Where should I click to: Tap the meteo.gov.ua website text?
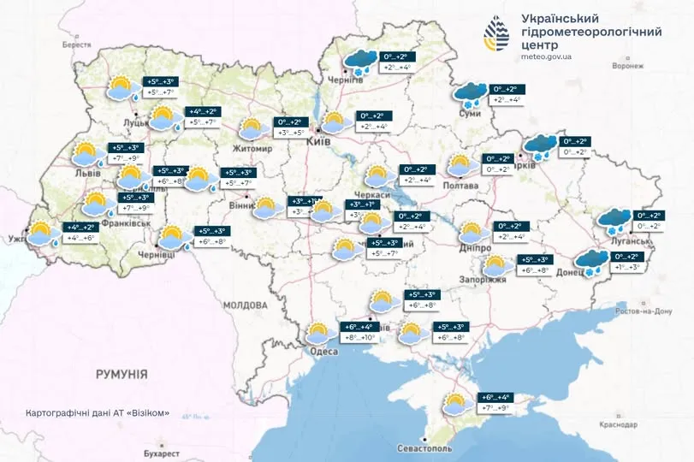click(559, 56)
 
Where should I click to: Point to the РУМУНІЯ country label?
click(122, 374)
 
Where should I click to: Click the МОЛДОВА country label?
click(246, 305)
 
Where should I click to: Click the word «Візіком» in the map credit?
click(150, 413)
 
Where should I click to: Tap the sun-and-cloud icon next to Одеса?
click(321, 333)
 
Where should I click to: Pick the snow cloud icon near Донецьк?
click(589, 262)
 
